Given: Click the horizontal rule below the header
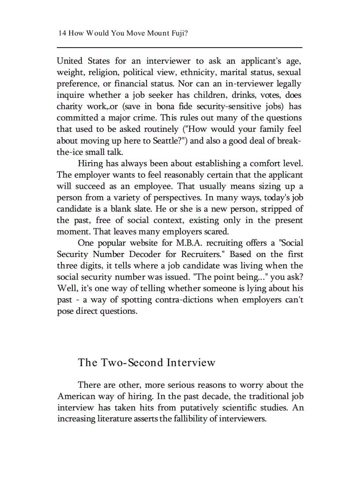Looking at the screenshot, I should coord(180,47).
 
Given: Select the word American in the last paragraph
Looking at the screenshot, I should coord(79,396).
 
